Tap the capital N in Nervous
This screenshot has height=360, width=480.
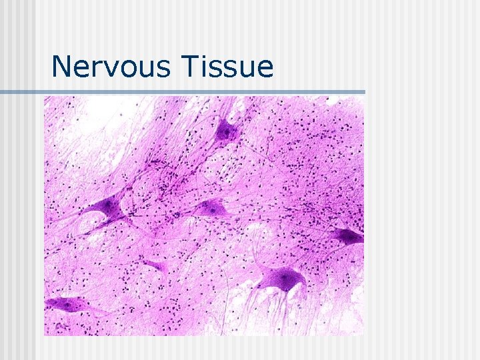(x=61, y=67)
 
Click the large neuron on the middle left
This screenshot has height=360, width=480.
(x=111, y=209)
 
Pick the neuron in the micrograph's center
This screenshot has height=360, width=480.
(x=212, y=209)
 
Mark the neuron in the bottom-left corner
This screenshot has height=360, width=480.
(x=65, y=305)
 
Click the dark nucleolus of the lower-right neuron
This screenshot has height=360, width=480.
(x=286, y=276)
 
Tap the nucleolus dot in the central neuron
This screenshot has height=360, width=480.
(x=213, y=209)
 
